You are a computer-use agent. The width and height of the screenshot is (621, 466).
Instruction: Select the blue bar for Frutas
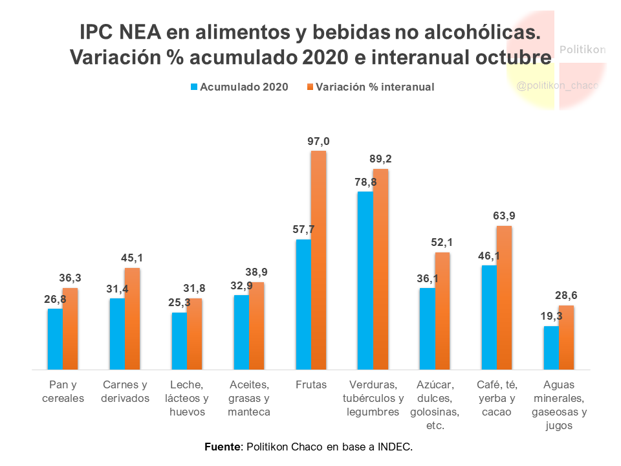[303, 304]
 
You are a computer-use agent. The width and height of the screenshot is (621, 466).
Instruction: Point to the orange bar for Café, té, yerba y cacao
[505, 298]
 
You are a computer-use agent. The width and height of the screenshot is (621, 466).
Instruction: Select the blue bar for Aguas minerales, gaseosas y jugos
[551, 348]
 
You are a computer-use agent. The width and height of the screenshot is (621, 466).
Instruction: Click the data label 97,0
[318, 141]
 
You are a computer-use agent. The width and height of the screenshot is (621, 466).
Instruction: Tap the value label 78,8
[365, 182]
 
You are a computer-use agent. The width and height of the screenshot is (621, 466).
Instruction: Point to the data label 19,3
[551, 316]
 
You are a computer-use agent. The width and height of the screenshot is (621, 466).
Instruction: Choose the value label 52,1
[442, 242]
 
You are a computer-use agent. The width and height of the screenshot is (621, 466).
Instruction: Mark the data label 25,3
[179, 303]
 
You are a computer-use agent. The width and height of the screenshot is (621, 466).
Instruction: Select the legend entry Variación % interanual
[374, 87]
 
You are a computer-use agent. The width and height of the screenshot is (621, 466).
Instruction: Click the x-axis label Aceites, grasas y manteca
[249, 398]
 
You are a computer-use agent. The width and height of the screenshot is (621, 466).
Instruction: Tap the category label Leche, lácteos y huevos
[187, 398]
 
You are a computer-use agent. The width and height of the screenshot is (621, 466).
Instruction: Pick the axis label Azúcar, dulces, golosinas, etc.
[435, 405]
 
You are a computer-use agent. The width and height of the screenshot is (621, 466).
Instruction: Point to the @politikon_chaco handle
[558, 85]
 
